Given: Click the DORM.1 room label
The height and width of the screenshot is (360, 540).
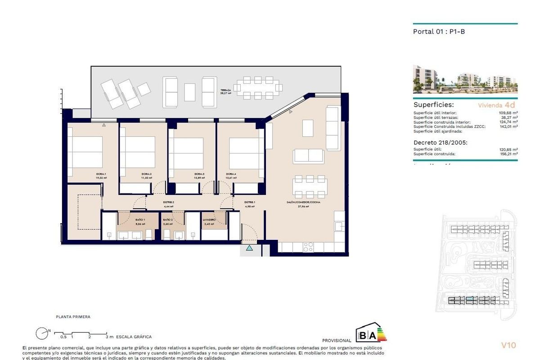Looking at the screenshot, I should [100, 174].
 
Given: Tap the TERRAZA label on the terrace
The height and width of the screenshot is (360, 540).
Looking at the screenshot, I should [225, 90].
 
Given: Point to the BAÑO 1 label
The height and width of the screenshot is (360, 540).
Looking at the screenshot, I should [140, 219].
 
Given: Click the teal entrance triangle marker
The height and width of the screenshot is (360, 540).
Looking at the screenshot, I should [250, 247].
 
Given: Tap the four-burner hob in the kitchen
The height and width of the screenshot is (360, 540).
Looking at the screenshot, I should [308, 247].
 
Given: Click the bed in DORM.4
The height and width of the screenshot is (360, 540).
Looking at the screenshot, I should [245, 153].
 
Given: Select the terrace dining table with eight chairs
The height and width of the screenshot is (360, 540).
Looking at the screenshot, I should [258, 88].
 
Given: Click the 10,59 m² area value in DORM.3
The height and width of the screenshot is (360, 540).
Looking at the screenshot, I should [200, 178].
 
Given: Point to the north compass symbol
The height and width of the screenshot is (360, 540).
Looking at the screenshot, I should [42, 333].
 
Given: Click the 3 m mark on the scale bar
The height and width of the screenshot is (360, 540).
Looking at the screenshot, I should [107, 337].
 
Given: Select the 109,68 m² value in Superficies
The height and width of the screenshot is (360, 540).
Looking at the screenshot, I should [508, 113].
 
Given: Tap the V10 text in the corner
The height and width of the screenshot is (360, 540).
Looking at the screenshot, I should [508, 345].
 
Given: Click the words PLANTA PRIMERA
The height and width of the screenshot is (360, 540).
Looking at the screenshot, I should [73, 317].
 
